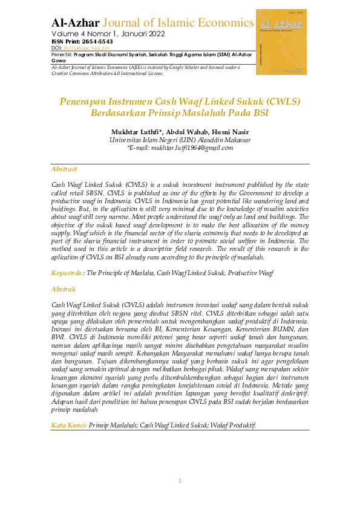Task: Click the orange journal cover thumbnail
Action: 281,42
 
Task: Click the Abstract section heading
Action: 64,169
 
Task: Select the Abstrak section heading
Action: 64,290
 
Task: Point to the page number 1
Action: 180,481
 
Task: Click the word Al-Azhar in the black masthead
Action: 76,23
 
